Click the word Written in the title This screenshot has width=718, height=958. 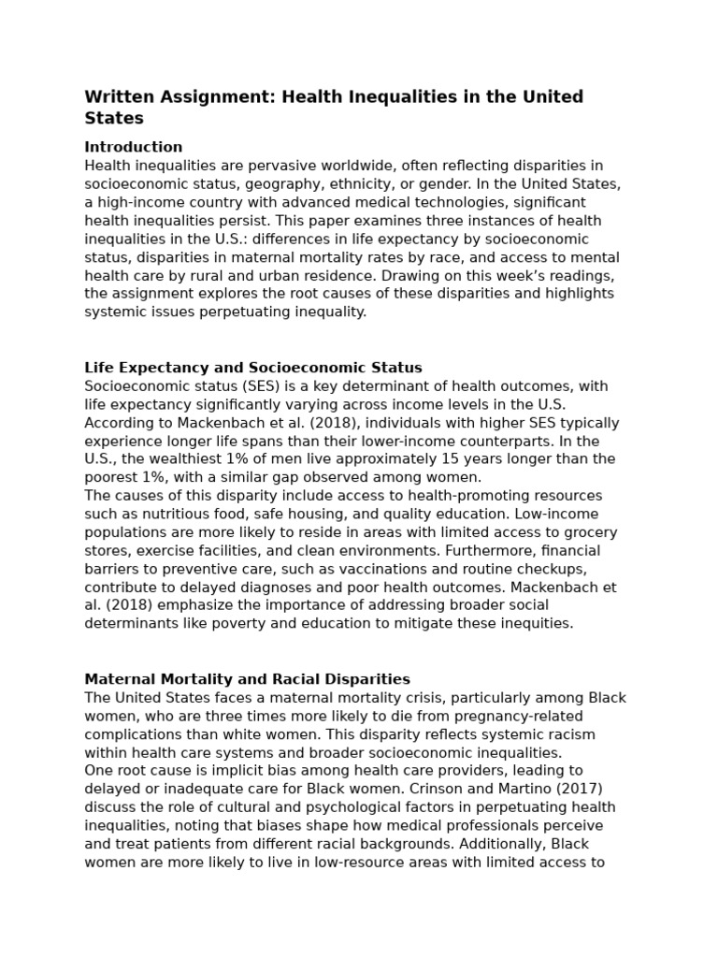[116, 97]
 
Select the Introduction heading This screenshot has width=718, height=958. [133, 147]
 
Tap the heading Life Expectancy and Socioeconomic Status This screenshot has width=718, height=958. [253, 368]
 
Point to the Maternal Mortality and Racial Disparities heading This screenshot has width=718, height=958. [247, 679]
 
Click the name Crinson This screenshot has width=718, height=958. [418, 789]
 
